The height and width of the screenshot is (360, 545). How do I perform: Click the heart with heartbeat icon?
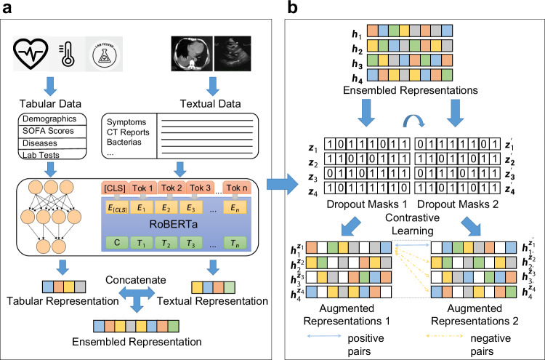tap(31, 54)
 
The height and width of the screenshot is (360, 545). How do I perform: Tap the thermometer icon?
tap(67, 55)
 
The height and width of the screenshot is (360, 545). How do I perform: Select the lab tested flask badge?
tap(105, 55)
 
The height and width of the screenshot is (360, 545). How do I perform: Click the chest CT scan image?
tap(192, 54)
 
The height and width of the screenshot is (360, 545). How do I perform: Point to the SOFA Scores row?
tap(48, 131)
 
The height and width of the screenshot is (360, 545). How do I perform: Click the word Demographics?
tap(49, 119)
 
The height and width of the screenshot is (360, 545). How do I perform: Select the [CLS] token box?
tap(115, 188)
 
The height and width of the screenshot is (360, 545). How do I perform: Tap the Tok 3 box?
tap(201, 188)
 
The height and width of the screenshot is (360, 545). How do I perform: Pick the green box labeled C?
tap(117, 242)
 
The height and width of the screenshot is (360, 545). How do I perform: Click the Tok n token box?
tap(237, 188)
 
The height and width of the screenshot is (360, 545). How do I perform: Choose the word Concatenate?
tap(136, 280)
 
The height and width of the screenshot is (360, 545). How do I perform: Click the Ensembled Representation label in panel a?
tap(137, 342)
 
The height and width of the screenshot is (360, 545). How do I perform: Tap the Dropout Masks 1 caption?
tap(367, 204)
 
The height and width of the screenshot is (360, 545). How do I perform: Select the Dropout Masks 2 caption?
tap(458, 204)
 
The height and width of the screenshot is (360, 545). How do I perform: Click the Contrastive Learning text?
tap(412, 224)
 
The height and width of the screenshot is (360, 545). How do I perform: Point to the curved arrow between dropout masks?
tap(413, 120)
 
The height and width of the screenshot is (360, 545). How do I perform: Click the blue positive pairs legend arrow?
tap(324, 336)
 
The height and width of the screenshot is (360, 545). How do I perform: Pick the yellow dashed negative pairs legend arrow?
tap(445, 336)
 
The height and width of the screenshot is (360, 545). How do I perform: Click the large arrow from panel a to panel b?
tap(283, 184)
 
